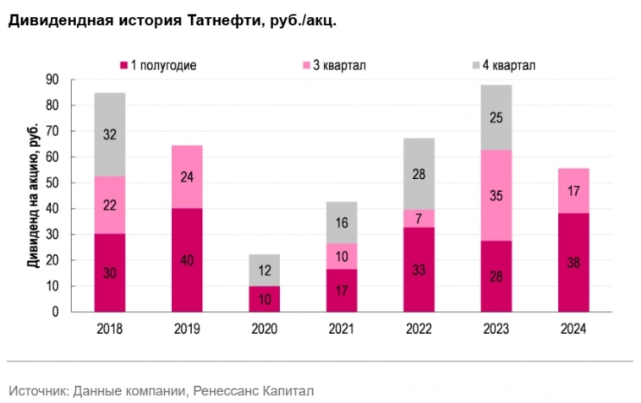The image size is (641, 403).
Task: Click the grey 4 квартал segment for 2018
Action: (x=110, y=134)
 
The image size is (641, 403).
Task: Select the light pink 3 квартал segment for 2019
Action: (x=187, y=177)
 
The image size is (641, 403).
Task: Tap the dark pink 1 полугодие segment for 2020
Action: (x=264, y=299)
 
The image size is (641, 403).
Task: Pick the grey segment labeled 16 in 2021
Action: (x=341, y=222)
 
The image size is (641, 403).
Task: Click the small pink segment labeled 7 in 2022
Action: (x=419, y=219)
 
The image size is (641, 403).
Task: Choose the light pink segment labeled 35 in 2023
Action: (x=496, y=195)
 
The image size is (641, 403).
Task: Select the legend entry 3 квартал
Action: (x=338, y=65)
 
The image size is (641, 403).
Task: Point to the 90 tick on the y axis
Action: (x=52, y=79)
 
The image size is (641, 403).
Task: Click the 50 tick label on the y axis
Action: (x=52, y=183)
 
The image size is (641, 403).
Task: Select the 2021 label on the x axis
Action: (x=341, y=329)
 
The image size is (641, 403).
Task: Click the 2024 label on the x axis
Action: (x=573, y=329)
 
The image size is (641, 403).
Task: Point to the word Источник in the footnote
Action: (x=37, y=390)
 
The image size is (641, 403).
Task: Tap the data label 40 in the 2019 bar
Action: (x=187, y=260)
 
